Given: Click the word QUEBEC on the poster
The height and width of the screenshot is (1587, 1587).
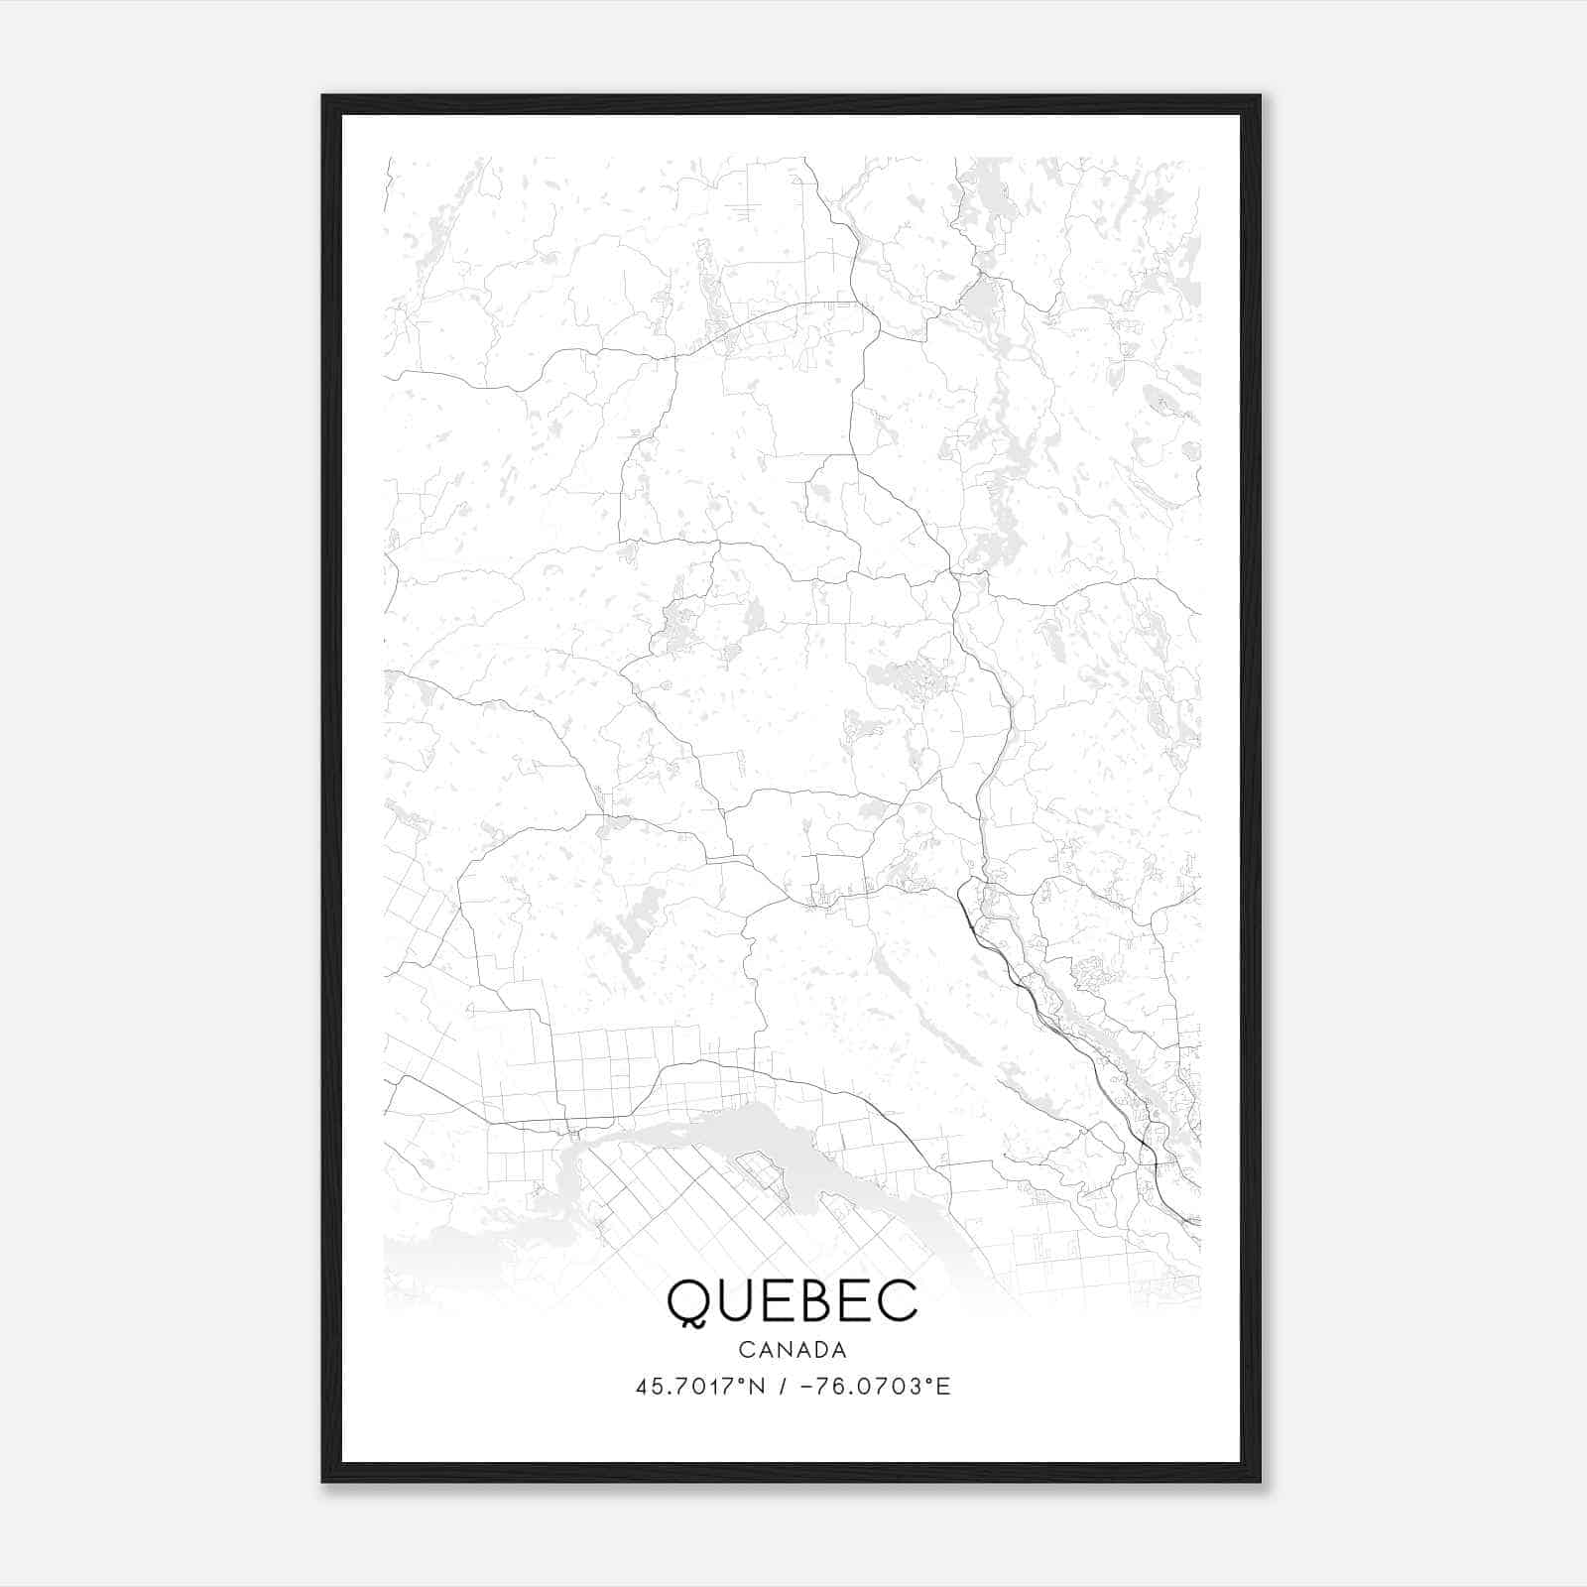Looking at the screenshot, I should [x=793, y=1300].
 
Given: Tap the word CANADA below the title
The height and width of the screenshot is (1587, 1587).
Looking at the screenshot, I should [x=793, y=1350].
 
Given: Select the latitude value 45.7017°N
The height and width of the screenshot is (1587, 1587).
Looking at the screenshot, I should [x=699, y=1387].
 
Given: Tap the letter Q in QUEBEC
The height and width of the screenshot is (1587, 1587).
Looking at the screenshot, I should [x=688, y=1302].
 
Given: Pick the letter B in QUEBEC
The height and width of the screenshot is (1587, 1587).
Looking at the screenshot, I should [x=810, y=1300].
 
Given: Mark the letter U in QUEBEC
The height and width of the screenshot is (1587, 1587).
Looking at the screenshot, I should [x=732, y=1300].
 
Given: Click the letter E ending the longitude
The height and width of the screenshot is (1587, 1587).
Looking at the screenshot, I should [x=943, y=1387].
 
